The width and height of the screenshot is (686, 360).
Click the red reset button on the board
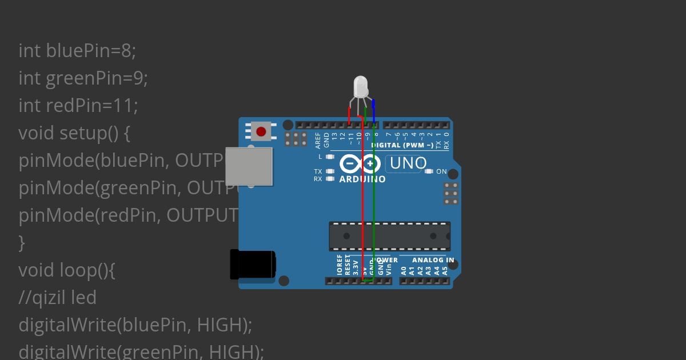pyautogui.click(x=261, y=132)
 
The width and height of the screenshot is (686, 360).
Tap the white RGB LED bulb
pyautogui.click(x=361, y=87)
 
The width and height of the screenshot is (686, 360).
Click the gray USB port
pyautogui.click(x=249, y=166)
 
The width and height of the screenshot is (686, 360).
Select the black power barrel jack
pyautogui.click(x=252, y=265)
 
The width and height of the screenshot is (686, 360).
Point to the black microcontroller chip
pyautogui.click(x=389, y=236)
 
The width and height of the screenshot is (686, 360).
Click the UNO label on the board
pyautogui.click(x=408, y=163)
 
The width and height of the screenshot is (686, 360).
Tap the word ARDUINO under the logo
pyautogui.click(x=362, y=179)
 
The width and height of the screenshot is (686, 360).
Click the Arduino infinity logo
pyautogui.click(x=360, y=164)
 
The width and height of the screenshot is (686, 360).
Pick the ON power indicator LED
pyautogui.click(x=429, y=171)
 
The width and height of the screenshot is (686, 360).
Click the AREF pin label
pyautogui.click(x=318, y=141)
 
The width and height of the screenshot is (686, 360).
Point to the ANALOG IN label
pyautogui.click(x=433, y=260)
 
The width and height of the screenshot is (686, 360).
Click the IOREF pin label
pyautogui.click(x=340, y=266)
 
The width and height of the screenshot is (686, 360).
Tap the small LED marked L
pyautogui.click(x=330, y=156)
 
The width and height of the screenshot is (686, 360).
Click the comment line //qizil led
pyautogui.click(x=57, y=298)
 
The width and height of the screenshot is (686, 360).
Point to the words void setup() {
pyautogui.click(x=74, y=133)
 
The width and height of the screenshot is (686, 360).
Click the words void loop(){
pyautogui.click(x=67, y=270)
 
